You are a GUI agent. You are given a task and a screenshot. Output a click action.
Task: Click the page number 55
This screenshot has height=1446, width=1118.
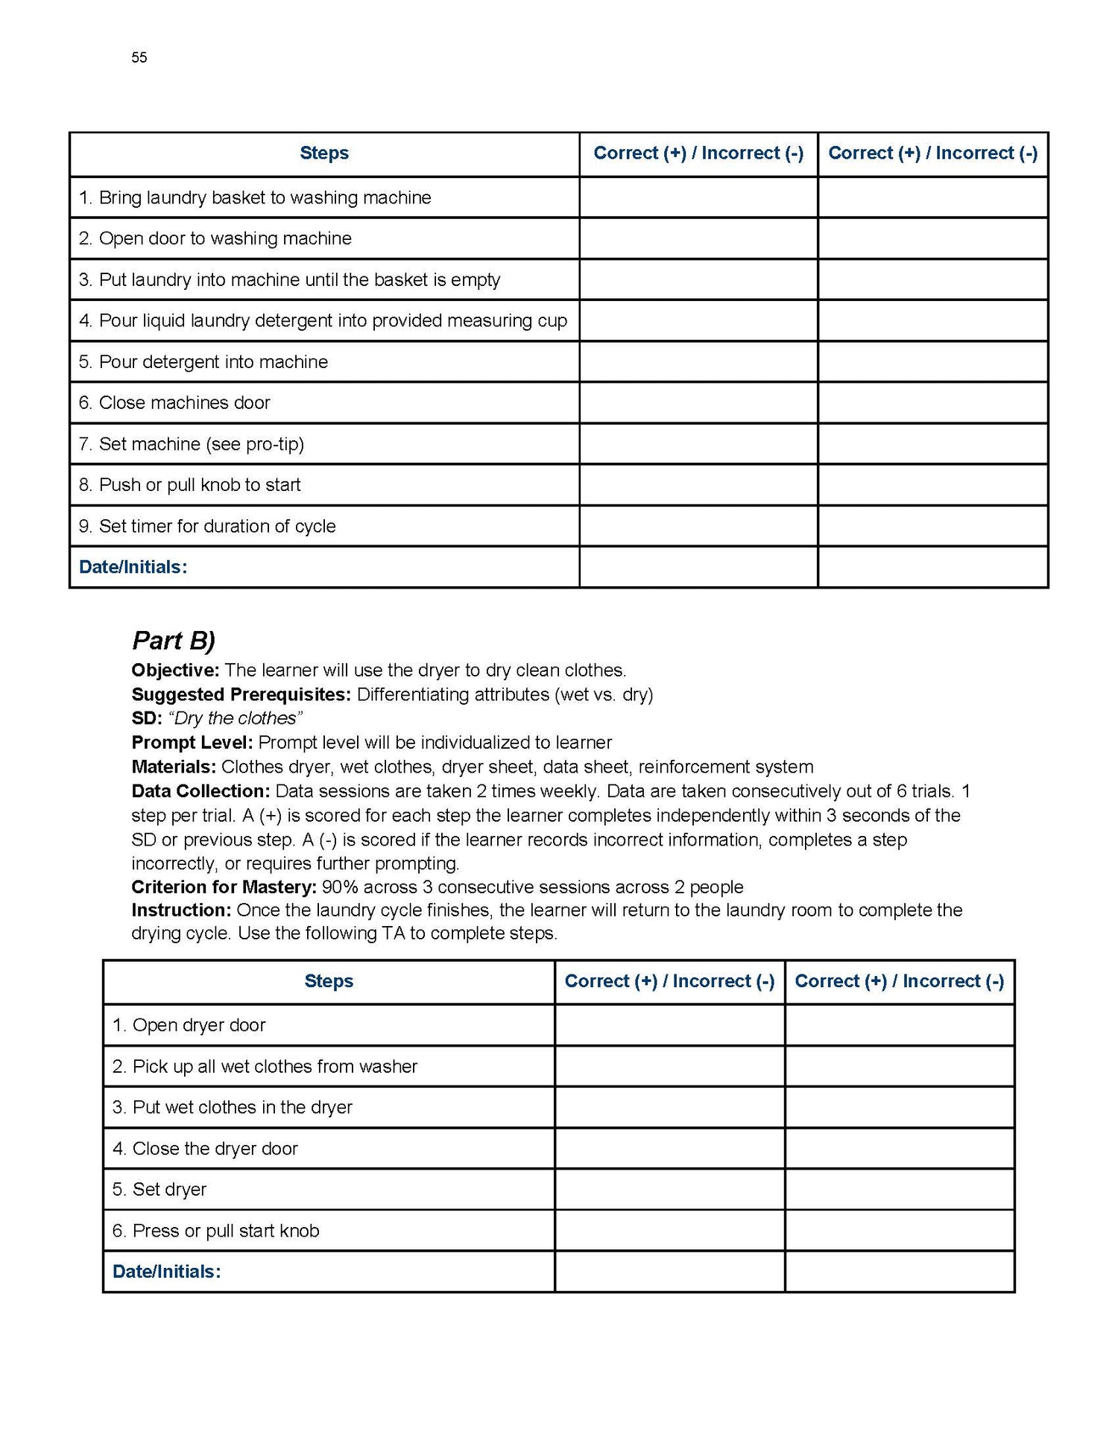point(139,57)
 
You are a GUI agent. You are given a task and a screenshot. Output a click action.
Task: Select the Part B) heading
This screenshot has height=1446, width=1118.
point(174,641)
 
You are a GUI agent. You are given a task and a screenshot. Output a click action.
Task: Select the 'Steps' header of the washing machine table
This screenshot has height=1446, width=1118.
point(324,153)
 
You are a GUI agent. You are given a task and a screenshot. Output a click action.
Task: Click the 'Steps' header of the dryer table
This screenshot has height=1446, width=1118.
point(329,981)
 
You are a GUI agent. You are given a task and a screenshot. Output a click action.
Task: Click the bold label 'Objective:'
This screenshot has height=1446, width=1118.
point(175,670)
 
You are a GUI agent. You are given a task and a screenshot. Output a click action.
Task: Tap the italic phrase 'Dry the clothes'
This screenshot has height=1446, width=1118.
point(236,718)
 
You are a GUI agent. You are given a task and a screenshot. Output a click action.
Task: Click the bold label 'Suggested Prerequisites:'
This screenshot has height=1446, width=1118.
point(241,694)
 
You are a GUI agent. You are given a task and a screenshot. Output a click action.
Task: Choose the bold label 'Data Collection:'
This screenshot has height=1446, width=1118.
point(200,791)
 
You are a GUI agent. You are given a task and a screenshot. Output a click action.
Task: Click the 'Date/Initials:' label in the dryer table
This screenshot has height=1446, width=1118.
point(167,1272)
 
